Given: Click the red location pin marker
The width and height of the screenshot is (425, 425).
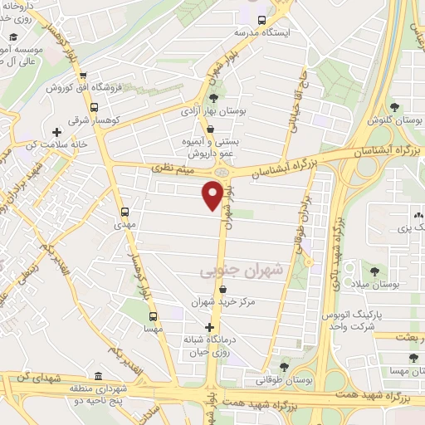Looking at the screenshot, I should [212, 196].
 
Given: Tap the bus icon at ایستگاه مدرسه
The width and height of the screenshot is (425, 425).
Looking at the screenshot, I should [262, 20].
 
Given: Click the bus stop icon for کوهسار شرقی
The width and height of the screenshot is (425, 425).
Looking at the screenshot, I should [94, 107].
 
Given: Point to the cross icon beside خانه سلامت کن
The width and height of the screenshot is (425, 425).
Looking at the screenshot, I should [56, 131].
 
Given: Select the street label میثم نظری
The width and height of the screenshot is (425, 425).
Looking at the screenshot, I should [173, 169].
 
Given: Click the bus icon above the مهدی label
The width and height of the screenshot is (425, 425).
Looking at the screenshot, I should [125, 211].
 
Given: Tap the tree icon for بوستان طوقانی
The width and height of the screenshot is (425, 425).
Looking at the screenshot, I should [285, 366].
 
